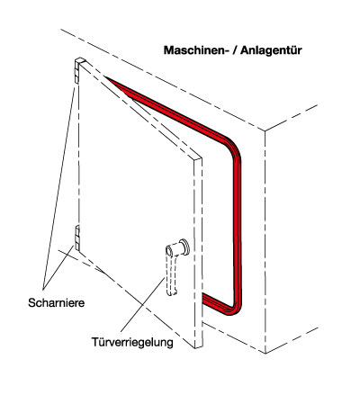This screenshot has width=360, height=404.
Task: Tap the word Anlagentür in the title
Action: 271,50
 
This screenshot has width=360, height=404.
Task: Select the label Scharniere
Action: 57,302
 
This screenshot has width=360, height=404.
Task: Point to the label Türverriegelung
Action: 132,342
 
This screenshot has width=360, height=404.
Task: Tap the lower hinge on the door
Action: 77,238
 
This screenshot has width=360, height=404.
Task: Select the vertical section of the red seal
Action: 237,228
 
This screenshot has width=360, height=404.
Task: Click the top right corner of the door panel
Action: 202,157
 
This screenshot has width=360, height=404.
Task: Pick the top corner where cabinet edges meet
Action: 265,130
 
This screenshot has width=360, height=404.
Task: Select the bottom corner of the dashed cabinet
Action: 265,353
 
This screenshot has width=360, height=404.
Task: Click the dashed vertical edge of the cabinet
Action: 265,242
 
